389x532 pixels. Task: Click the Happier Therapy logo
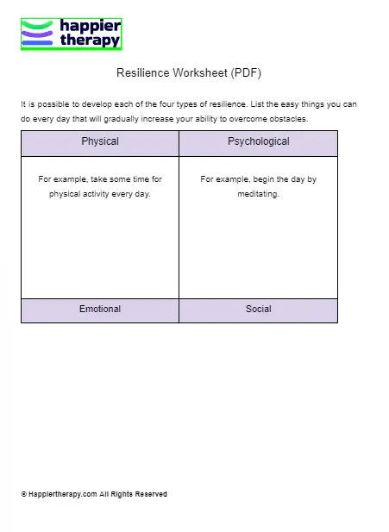coord(71,34)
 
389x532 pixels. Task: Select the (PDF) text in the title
coord(245,74)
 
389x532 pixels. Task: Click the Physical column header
coord(100,141)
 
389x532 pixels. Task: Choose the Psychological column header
coord(258,141)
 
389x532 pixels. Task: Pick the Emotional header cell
coord(100,309)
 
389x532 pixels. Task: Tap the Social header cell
coord(258,309)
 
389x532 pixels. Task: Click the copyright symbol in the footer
coord(23,495)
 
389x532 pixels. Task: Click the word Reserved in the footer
coord(149,495)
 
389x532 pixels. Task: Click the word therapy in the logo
coord(90,40)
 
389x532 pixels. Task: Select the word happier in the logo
coord(90,27)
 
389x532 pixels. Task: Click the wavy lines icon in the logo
coord(38,34)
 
